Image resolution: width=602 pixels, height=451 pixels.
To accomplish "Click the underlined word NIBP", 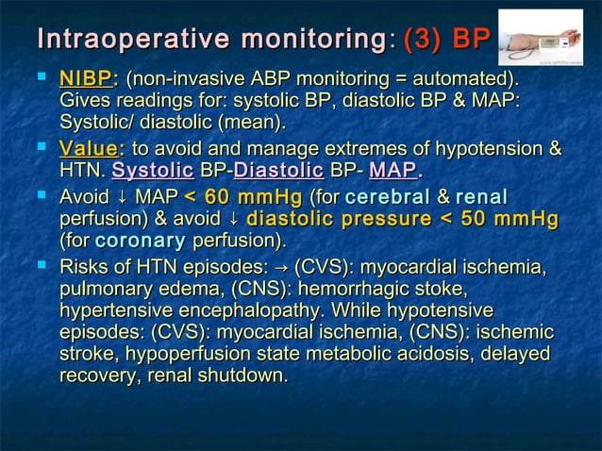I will click(84, 78).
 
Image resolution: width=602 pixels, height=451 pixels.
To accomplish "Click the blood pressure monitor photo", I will click(541, 38).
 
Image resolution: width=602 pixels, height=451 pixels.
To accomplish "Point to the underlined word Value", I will click(89, 149).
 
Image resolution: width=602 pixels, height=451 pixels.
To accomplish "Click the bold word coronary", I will click(141, 241).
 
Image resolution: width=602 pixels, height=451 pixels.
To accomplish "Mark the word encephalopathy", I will click(255, 310).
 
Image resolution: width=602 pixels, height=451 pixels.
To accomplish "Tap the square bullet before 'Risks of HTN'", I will click(42, 265).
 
